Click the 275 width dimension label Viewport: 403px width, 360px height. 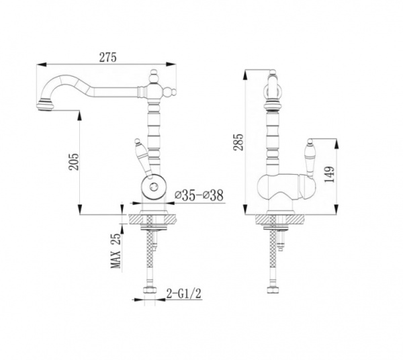pos(108,57)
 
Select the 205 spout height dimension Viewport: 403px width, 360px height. pos(74,162)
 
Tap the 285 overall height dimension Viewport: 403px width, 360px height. pos(238,142)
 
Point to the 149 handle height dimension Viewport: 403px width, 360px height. pos(330,175)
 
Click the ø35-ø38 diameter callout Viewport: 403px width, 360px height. pos(199,196)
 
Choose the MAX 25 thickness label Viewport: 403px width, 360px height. pos(116,251)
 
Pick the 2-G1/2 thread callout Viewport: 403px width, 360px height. pos(184,294)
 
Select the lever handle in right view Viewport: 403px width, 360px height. pos(309,159)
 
